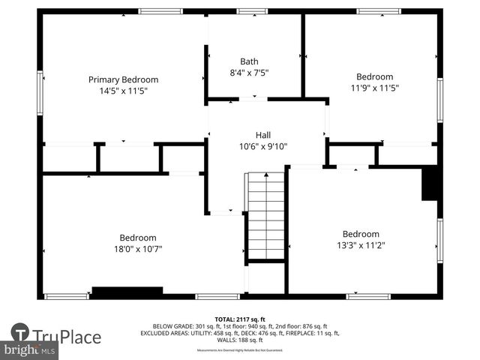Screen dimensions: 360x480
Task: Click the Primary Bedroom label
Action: tap(123, 79)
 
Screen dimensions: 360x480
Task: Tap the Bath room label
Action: tap(250, 61)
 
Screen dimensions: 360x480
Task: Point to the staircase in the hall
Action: tap(266, 215)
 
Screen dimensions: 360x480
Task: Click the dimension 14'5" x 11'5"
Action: tap(123, 91)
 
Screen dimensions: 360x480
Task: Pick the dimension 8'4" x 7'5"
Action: tap(250, 73)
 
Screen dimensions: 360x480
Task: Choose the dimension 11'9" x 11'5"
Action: tap(374, 88)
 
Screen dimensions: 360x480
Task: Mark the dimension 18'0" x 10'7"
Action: tap(138, 248)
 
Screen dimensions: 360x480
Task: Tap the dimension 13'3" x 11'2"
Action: tap(361, 244)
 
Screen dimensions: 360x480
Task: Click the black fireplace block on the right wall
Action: tap(430, 184)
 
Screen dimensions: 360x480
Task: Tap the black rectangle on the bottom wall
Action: tap(127, 292)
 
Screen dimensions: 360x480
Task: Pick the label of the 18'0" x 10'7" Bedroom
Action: tap(138, 237)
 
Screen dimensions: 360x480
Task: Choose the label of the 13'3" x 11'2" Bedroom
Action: tap(361, 233)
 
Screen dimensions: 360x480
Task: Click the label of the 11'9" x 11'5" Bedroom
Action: tap(374, 76)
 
